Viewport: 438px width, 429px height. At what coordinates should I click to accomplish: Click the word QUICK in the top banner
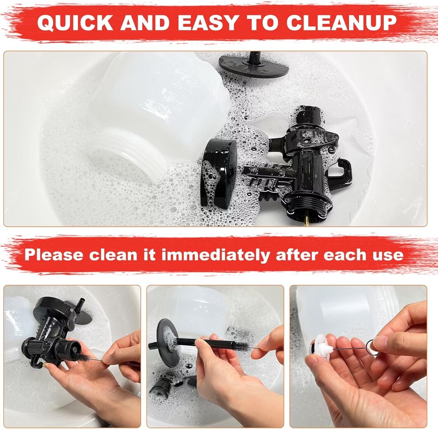point(75,23)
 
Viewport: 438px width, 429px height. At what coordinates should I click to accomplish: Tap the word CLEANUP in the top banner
point(341,23)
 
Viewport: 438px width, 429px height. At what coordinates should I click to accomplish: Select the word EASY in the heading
point(209,23)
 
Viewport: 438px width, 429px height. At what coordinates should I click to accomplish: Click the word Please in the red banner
point(54,255)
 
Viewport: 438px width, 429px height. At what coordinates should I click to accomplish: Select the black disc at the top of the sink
point(253,66)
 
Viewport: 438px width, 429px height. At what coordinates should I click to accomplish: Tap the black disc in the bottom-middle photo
point(168,342)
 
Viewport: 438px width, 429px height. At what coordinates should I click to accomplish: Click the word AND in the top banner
point(145,23)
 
